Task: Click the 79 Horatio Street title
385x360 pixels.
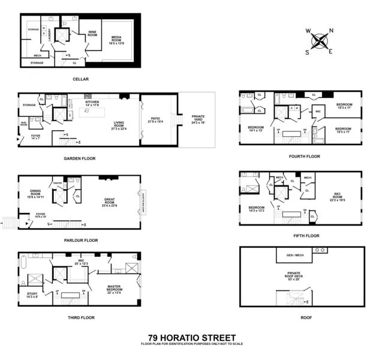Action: coord(192,338)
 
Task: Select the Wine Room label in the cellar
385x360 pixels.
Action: coord(92,35)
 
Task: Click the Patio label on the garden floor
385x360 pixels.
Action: coord(155,121)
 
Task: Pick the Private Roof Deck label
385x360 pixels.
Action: coord(293,277)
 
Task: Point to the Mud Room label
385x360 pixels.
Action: coord(23,125)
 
